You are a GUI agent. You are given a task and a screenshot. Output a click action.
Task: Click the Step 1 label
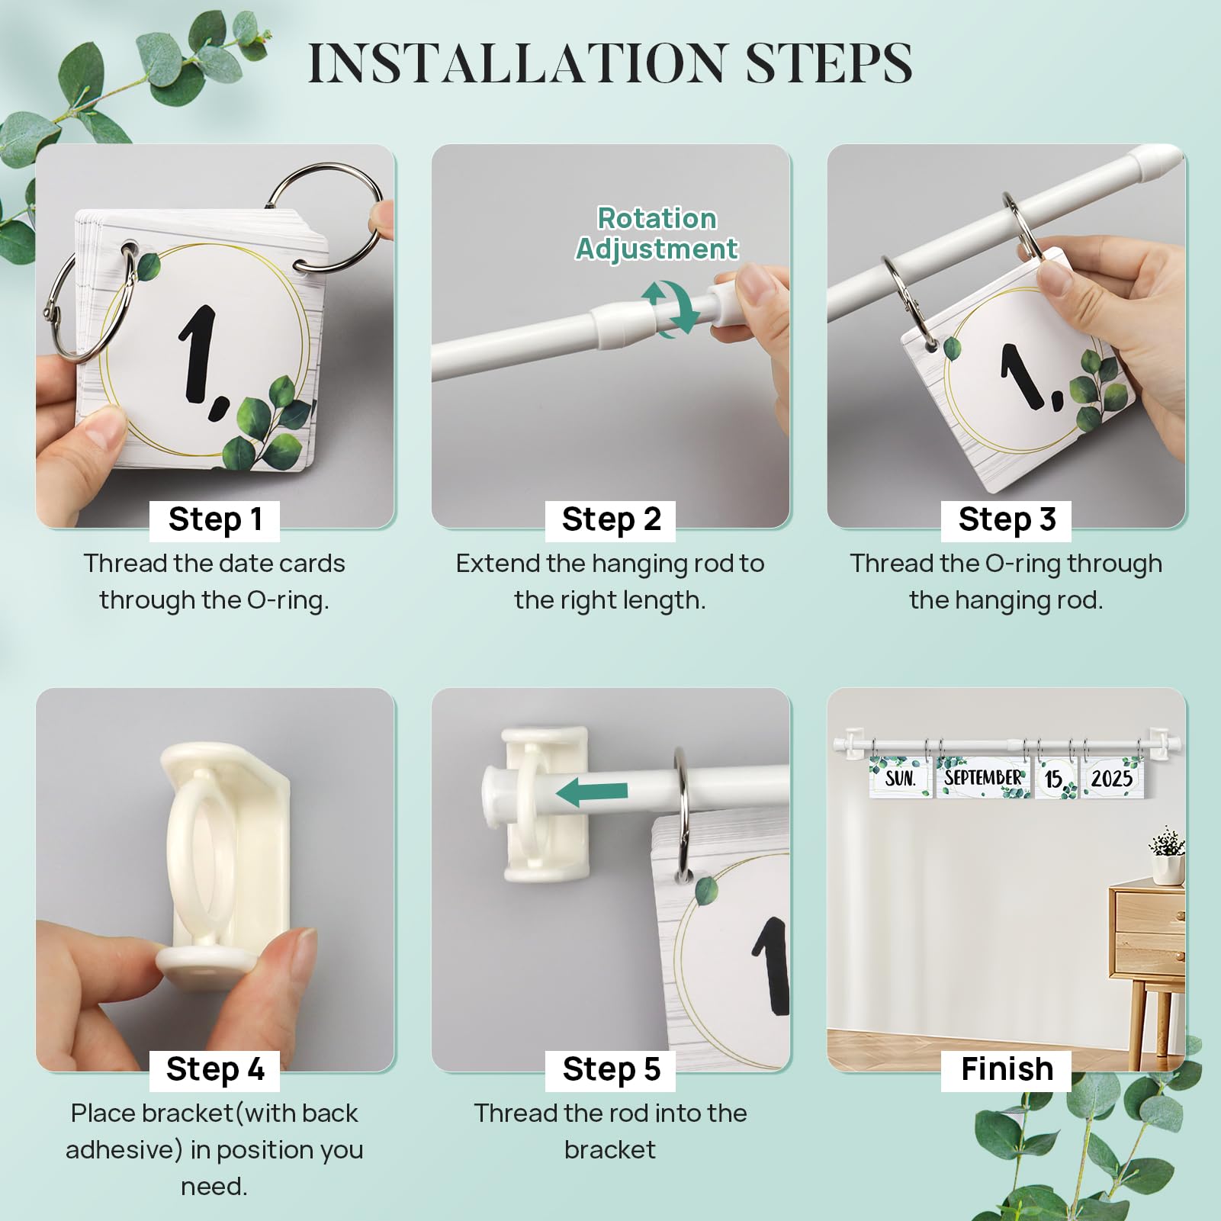pos(215,520)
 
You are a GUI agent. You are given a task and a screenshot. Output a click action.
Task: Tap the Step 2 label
pos(611,520)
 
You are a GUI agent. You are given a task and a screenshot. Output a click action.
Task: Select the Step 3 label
pos(1007,520)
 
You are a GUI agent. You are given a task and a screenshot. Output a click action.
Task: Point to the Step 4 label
pos(215,1069)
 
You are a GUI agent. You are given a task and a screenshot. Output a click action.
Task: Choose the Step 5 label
pos(611,1069)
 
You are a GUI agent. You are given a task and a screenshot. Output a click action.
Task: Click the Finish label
pos(1007,1069)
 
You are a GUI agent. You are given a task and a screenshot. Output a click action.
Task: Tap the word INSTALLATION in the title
pos(516,63)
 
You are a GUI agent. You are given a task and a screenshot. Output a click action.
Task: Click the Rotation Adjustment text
pos(657,233)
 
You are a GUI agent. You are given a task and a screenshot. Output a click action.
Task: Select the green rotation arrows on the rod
pos(670,309)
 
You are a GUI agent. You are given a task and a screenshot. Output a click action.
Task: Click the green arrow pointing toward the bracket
pos(592,792)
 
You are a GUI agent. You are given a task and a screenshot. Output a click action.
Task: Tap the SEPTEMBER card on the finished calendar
pos(982,777)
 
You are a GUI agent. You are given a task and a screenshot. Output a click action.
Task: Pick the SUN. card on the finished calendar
pos(900,778)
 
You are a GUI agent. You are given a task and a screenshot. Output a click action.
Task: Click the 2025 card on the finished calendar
pos(1112,778)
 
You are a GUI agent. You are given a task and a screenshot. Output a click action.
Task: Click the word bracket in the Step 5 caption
pos(610,1149)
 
